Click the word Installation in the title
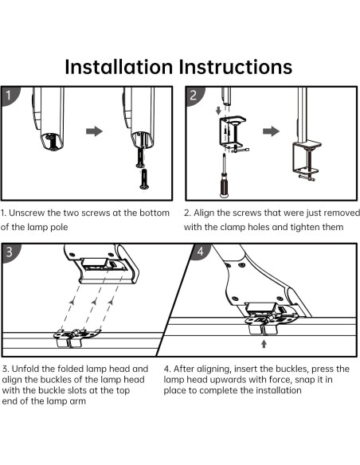pos(119,67)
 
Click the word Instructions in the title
pos(237,67)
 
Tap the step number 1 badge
pos(9,95)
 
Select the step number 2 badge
pos(194,96)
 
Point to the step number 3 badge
pos(10,252)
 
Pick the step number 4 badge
pos(201,252)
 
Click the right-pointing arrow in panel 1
pos(94,131)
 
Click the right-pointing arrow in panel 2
pos(271,131)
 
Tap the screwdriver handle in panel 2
pos(225,186)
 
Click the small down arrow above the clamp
pos(218,111)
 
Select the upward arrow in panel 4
pos(264,344)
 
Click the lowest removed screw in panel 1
pos(144,179)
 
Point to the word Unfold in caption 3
pos(25,369)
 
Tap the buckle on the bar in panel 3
pos(76,338)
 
